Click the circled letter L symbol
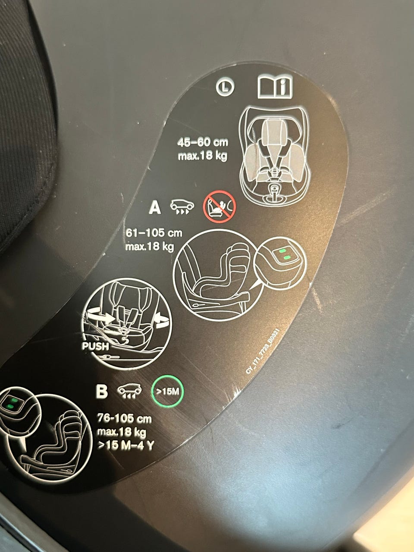225,87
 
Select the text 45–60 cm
203,143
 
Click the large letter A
155,208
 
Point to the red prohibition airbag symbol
220,207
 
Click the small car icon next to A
182,207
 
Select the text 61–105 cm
154,233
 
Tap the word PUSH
95,346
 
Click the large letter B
101,392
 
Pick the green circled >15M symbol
167,392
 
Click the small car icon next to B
129,392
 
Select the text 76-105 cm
125,419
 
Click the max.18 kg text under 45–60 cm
203,156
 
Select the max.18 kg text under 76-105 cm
122,432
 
